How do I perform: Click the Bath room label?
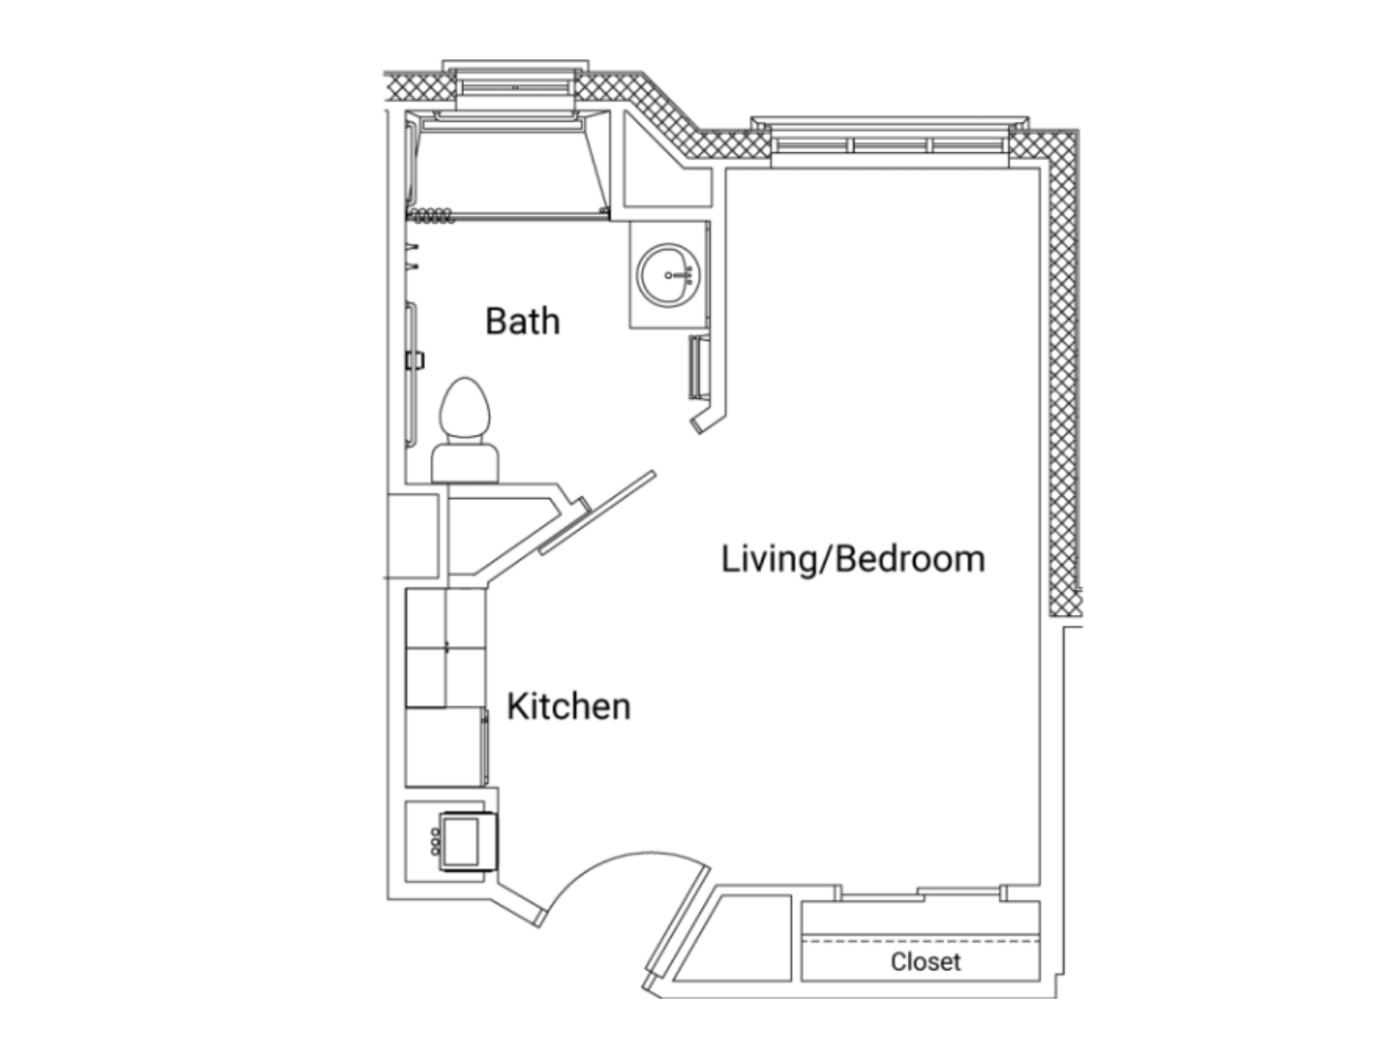click(x=522, y=320)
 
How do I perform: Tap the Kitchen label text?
click(x=568, y=706)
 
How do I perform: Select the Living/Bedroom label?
click(x=853, y=560)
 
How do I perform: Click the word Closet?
click(x=926, y=961)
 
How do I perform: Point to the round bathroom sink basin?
click(x=668, y=275)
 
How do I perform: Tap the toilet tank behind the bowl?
click(x=465, y=463)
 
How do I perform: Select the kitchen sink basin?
click(x=461, y=841)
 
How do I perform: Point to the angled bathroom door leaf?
click(x=597, y=513)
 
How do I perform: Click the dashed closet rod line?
click(x=921, y=940)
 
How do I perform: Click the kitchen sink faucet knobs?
click(x=435, y=841)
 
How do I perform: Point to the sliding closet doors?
click(x=921, y=892)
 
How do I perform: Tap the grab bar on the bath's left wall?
click(x=411, y=374)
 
